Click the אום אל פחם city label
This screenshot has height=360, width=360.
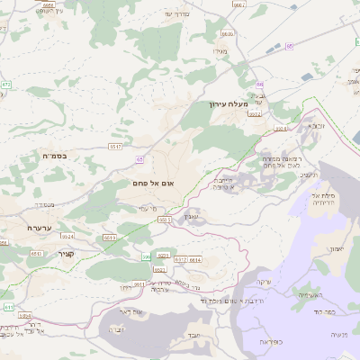[155, 184]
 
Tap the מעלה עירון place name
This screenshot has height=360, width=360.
[227, 105]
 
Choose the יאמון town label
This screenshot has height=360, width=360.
[334, 248]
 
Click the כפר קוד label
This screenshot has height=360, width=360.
[325, 307]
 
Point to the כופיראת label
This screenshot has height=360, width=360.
[270, 342]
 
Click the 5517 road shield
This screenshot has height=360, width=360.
[115, 146]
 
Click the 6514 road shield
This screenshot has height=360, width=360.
[195, 259]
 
